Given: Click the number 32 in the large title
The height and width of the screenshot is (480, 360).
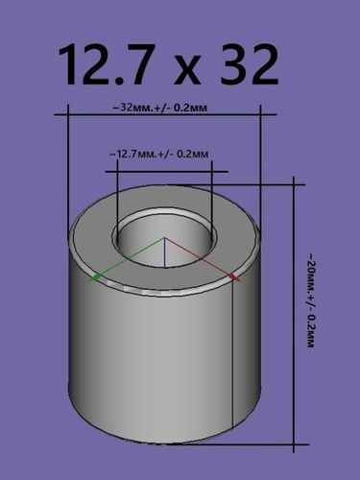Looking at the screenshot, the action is tap(250, 64).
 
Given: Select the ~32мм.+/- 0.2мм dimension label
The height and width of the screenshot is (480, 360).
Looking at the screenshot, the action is tap(159, 108).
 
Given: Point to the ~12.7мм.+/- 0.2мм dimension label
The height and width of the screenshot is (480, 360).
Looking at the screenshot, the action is tap(159, 155).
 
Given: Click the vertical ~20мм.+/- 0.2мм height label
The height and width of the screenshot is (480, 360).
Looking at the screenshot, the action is tap(310, 300).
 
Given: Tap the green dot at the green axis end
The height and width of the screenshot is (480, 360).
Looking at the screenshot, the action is tap(97, 276).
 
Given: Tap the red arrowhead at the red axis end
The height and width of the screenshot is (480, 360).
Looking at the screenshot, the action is tap(235, 277).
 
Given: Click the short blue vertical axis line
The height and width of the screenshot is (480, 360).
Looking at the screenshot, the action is tap(164, 252).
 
